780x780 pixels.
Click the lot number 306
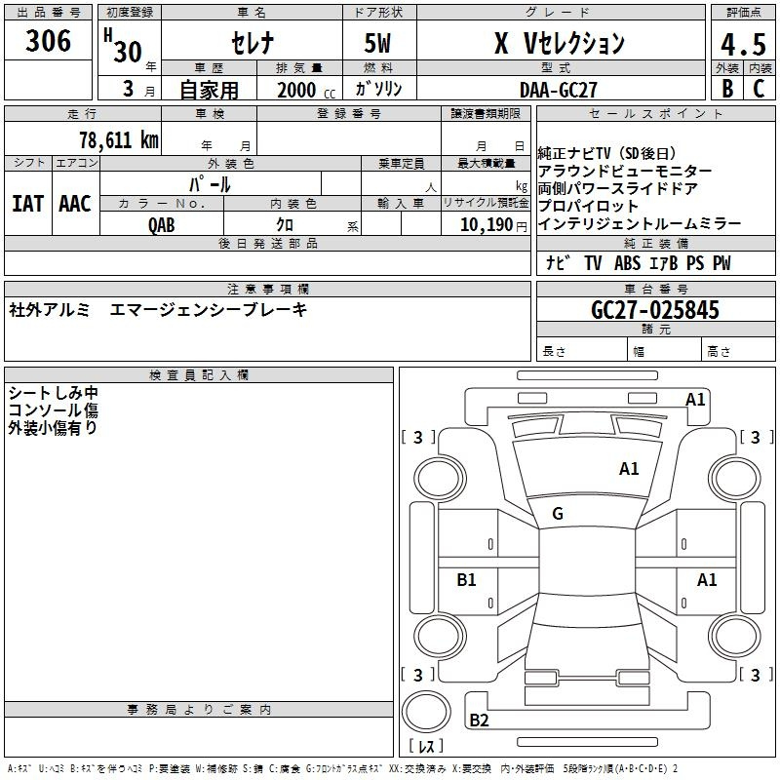[48, 41]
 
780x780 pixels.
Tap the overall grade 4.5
[743, 45]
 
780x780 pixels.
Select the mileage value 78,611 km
[119, 139]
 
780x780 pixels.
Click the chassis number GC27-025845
[655, 310]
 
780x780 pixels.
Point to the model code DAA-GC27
[558, 90]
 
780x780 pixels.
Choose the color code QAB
[162, 225]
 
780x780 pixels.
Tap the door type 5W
[377, 43]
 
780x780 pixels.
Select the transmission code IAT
[28, 204]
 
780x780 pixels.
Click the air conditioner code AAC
[75, 204]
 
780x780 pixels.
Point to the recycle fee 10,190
[487, 224]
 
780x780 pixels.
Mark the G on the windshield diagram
[558, 514]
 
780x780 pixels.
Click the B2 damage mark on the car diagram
[479, 720]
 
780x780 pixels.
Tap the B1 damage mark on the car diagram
[466, 579]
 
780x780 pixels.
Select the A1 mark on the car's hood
[629, 469]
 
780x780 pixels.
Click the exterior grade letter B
[727, 89]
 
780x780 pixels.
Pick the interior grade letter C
[759, 89]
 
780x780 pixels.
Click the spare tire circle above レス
[426, 712]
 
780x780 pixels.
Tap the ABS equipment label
[627, 263]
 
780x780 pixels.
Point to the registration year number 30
[128, 52]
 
